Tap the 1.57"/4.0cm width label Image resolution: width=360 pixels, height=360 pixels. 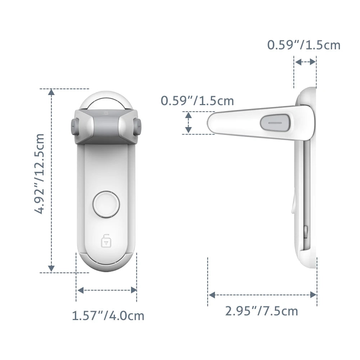pos(108,316)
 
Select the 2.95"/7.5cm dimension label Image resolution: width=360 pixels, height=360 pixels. pos(262,311)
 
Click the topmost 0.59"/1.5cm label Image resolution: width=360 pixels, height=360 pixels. pos(303,45)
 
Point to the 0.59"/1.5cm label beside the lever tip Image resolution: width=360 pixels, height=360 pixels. pos(197,100)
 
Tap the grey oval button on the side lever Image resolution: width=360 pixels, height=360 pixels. pos(275,122)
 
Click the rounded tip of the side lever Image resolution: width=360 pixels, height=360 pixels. pos(212,122)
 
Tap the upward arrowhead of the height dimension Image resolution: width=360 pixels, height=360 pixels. pos(51,92)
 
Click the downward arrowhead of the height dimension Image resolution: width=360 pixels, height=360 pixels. pos(51,268)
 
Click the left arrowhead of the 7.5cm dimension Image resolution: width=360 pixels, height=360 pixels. pos(212,295)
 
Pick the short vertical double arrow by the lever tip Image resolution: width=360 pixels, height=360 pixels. pos(188,122)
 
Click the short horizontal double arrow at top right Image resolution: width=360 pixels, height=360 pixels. pos(305,62)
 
